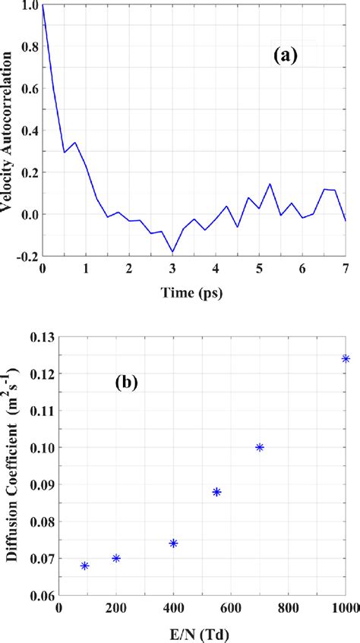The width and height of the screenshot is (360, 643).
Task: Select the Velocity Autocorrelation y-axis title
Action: tap(11, 131)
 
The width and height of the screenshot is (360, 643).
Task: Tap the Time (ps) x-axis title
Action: tap(194, 292)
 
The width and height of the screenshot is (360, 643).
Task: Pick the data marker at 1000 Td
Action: tap(346, 359)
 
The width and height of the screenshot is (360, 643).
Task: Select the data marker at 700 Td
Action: tap(260, 447)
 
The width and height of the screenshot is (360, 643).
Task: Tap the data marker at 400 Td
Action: tap(173, 544)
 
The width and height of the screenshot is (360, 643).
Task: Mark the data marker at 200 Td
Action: tap(116, 558)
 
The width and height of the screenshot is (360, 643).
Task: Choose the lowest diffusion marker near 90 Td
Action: tap(84, 566)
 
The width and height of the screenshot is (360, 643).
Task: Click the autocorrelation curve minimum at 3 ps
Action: tap(172, 252)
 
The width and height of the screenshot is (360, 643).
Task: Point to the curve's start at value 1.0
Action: tap(43, 5)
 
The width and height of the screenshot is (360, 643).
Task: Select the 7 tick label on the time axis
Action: tap(346, 269)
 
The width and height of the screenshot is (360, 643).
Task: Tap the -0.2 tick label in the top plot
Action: tap(23, 257)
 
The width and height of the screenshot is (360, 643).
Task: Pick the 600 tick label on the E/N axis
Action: tap(232, 607)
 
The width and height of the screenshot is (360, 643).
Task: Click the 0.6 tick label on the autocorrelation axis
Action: tap(26, 90)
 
